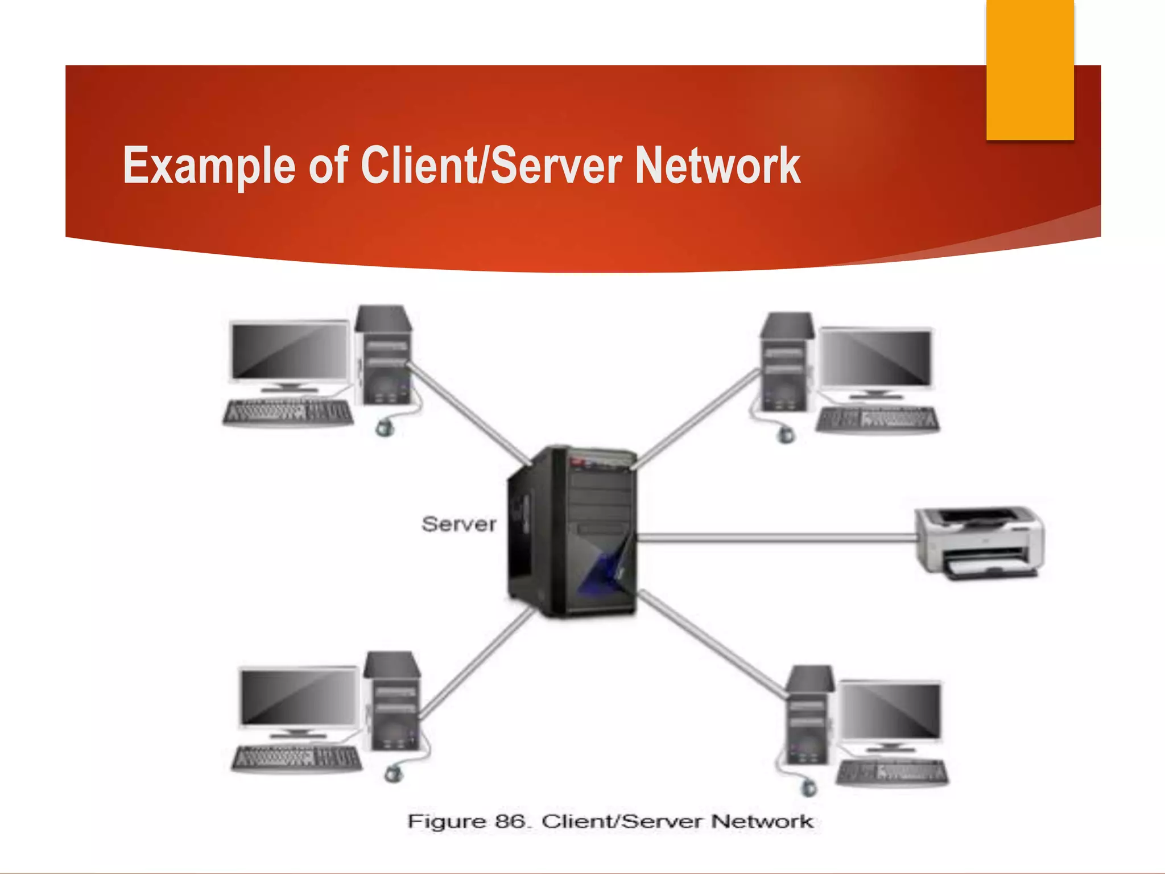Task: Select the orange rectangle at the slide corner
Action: pyautogui.click(x=1030, y=69)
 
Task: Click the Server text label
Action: pyautogui.click(x=458, y=524)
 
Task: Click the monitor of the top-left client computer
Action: pyautogui.click(x=290, y=352)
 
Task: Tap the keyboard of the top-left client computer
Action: pyautogui.click(x=288, y=413)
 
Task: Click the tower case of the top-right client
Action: pyautogui.click(x=786, y=364)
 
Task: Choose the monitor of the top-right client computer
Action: pyautogui.click(x=876, y=357)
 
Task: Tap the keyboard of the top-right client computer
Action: pyautogui.click(x=877, y=420)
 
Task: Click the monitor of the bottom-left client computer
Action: pyautogui.click(x=299, y=698)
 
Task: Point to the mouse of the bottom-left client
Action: pyautogui.click(x=393, y=774)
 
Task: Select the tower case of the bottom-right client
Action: pyautogui.click(x=808, y=717)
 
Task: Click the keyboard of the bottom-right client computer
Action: pyautogui.click(x=892, y=773)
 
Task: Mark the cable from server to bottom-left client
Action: pyautogui.click(x=478, y=660)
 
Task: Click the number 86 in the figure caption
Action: pyautogui.click(x=510, y=821)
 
